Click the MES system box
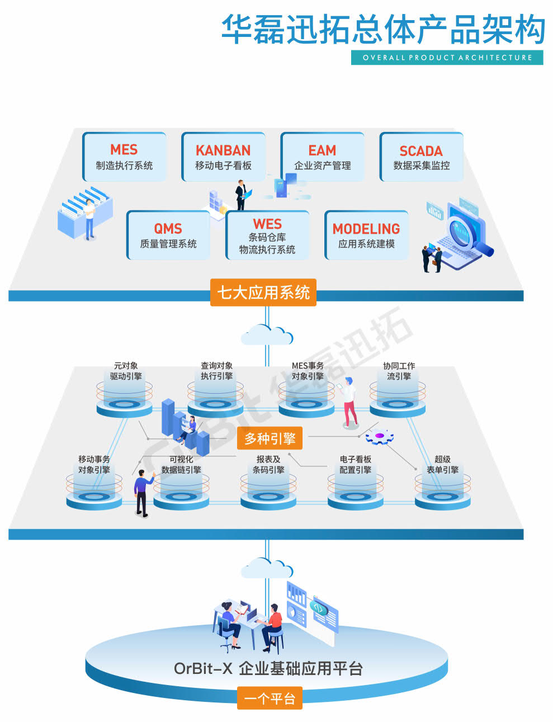124,157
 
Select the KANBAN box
223,157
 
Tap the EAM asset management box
322,157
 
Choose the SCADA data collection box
421,157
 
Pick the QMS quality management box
168,235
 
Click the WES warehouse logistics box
267,235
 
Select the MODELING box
366,235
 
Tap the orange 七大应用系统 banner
263,292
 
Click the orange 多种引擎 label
270,438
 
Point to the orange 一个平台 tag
270,699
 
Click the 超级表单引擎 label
442,465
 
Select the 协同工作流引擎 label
399,371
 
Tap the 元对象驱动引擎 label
126,371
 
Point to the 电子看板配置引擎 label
355,465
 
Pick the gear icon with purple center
380,436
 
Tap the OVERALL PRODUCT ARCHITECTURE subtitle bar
447,58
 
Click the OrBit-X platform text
268,668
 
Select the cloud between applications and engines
267,335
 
